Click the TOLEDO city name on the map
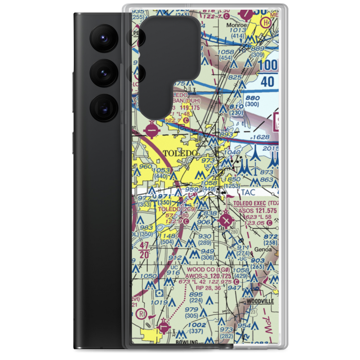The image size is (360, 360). click(180, 153)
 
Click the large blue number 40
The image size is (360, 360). click(268, 82)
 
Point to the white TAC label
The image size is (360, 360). click(248, 193)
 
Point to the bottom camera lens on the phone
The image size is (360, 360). click(103, 108)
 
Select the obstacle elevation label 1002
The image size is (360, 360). click(197, 325)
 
